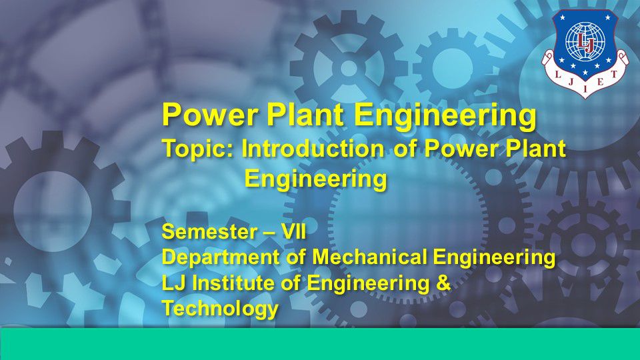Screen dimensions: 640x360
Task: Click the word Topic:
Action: coord(198,149)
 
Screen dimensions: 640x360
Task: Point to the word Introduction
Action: coord(313,148)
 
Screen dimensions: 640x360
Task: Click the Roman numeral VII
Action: coord(294,232)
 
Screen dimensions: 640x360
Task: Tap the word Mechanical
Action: coord(370,257)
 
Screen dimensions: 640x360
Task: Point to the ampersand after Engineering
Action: coord(443,283)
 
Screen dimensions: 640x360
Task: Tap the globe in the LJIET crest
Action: coord(585,41)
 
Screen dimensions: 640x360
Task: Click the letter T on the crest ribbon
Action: coord(613,74)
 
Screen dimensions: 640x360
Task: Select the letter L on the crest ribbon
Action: coord(558,75)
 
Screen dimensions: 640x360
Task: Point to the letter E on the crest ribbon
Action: coord(600,83)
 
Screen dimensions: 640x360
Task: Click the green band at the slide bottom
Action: coord(320,344)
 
